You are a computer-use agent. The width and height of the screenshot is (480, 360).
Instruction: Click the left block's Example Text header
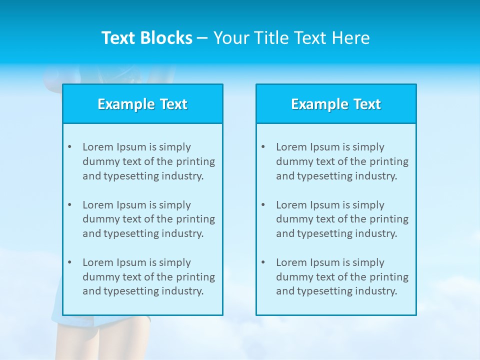click(x=142, y=104)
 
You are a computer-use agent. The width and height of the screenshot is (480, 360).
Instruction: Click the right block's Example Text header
click(x=336, y=104)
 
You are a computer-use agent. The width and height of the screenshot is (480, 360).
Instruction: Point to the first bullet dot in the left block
click(x=69, y=147)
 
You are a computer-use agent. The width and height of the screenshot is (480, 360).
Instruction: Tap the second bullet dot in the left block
click(x=69, y=205)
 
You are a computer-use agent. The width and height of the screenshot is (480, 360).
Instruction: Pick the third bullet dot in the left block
click(x=69, y=262)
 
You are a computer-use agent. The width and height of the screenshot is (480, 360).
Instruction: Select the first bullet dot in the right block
click(x=263, y=147)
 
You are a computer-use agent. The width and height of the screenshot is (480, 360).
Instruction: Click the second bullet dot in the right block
click(x=263, y=205)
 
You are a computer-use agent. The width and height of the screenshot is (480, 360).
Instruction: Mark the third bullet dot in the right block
click(x=263, y=262)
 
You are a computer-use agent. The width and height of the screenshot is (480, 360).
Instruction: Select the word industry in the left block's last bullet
click(x=182, y=291)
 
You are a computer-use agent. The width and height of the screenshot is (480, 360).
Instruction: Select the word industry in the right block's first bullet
click(x=375, y=176)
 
